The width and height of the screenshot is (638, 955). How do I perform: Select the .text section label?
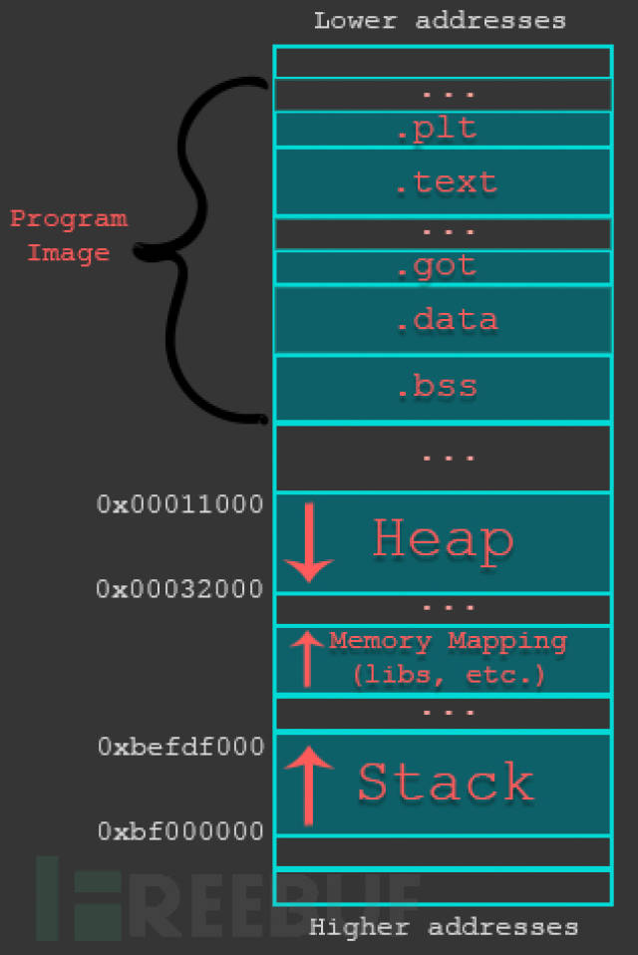tap(445, 182)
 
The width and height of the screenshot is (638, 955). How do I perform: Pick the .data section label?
tap(445, 320)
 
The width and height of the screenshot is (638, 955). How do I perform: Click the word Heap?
tap(444, 539)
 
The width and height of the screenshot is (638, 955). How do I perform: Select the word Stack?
tap(446, 783)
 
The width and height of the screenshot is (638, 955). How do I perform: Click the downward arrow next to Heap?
tap(309, 542)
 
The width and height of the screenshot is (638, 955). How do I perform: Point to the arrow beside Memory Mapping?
tap(306, 659)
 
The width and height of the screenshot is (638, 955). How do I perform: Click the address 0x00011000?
tap(180, 504)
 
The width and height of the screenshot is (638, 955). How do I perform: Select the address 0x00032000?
tap(180, 589)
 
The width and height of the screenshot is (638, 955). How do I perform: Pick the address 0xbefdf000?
tap(180, 747)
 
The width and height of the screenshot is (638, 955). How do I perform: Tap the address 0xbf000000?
tap(180, 831)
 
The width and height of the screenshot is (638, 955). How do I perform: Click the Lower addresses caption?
tap(440, 20)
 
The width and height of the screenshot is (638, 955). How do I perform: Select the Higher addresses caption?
tap(443, 928)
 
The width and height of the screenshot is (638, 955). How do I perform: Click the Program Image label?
tap(69, 235)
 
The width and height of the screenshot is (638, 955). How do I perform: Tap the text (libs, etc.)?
tap(448, 675)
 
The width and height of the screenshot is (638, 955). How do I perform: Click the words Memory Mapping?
tap(448, 641)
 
